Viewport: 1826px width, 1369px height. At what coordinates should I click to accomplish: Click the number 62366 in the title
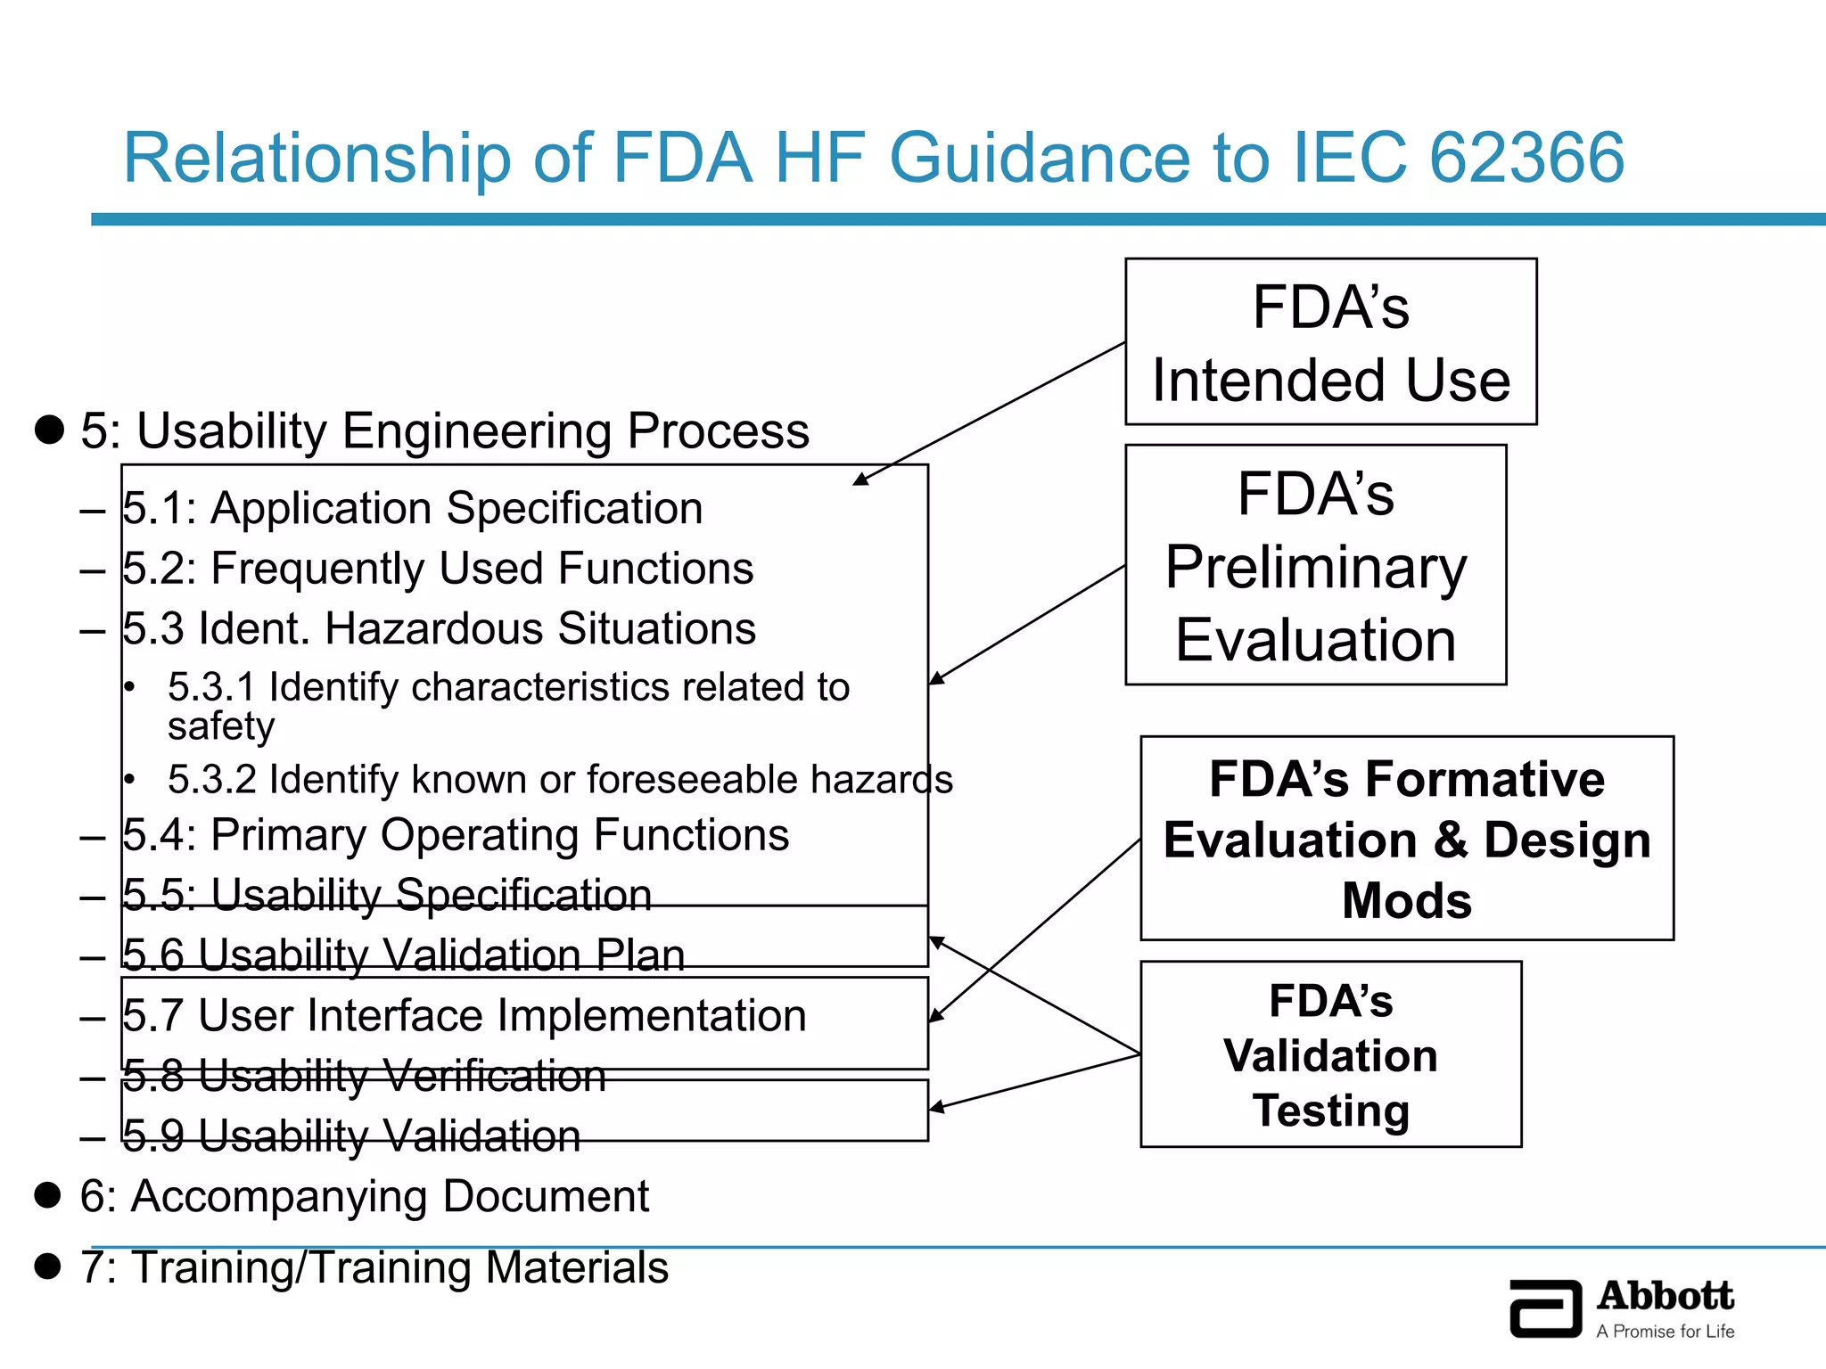[x=1526, y=158]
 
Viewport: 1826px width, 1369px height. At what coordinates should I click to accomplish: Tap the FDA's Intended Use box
[x=1330, y=342]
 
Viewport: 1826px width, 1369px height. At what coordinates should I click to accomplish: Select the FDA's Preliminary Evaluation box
[x=1315, y=565]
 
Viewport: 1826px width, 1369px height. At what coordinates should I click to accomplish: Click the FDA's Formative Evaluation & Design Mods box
[x=1406, y=838]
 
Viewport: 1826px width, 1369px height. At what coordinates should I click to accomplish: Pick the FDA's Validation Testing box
[x=1330, y=1054]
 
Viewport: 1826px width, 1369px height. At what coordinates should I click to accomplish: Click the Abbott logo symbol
[x=1545, y=1308]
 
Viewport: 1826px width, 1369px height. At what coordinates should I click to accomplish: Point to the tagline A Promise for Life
[x=1665, y=1332]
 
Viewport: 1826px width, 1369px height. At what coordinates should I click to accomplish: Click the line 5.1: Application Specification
[x=412, y=508]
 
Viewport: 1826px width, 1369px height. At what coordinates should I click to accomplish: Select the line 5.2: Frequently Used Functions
[x=437, y=569]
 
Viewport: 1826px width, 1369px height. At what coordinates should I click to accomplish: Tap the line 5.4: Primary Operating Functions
[x=455, y=835]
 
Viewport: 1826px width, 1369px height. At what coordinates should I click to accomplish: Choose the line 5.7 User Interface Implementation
[x=464, y=1016]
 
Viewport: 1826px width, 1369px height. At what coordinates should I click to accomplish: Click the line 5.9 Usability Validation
[x=350, y=1136]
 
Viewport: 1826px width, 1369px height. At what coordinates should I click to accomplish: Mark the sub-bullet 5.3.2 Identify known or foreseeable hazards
[x=559, y=780]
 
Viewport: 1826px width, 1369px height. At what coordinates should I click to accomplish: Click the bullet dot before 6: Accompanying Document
[x=47, y=1195]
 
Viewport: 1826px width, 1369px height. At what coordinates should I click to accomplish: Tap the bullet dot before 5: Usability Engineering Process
[x=49, y=429]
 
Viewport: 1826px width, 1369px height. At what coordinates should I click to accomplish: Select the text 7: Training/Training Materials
[x=374, y=1267]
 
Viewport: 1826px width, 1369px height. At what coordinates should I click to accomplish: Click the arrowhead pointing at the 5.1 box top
[x=860, y=480]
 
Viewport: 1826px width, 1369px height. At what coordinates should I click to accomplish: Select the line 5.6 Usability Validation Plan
[x=403, y=955]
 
